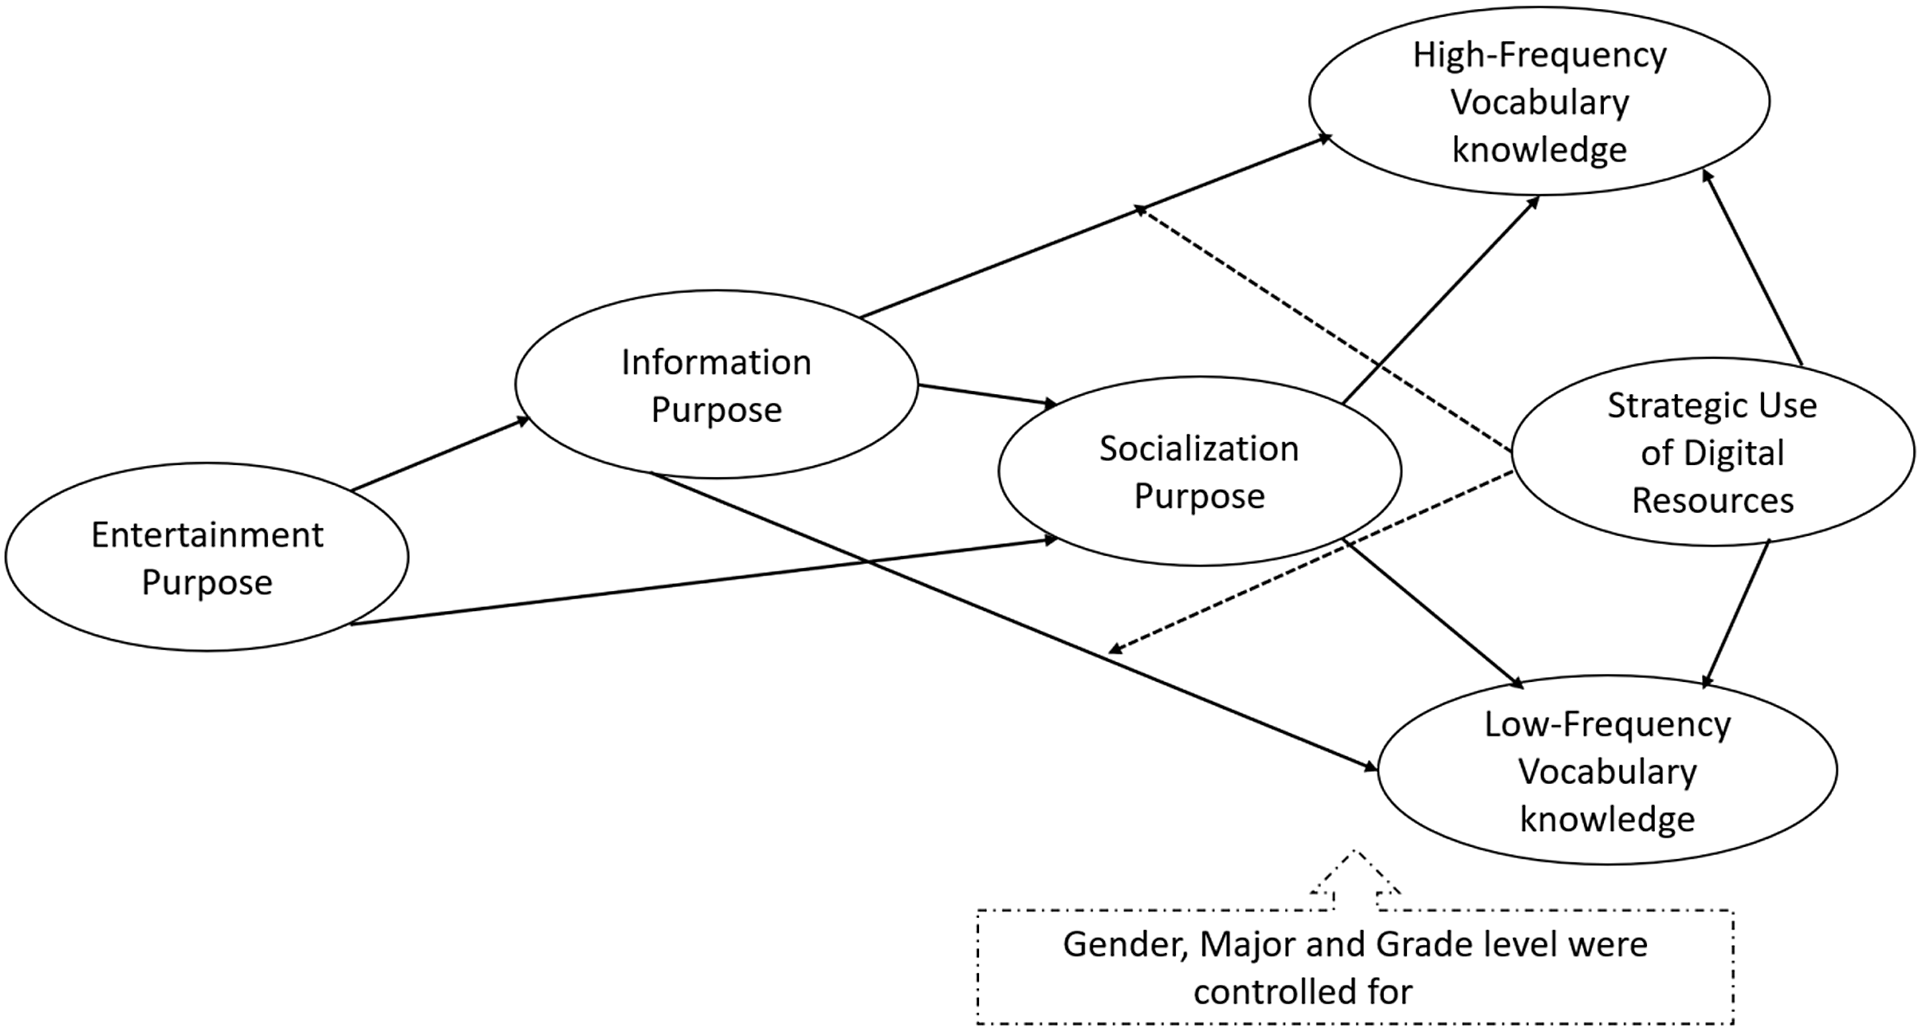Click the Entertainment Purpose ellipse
pos(206,557)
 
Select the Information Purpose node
pos(716,385)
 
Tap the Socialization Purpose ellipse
pos(1199,471)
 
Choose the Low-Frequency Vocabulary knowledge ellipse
pos(1607,770)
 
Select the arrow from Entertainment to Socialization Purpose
pos(701,582)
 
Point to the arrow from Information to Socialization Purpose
pos(988,396)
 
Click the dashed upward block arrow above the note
pos(1354,880)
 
